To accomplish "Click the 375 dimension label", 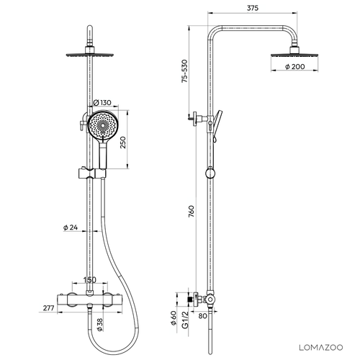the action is click(253, 8).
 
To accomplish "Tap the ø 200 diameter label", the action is click(295, 66).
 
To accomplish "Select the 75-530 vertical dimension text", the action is click(184, 71).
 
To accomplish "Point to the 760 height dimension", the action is click(192, 211).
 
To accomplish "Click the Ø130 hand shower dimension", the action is click(102, 103).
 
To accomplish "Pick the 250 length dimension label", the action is click(123, 143).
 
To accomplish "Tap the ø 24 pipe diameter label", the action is click(71, 228).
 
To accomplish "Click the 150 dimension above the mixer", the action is click(89, 280).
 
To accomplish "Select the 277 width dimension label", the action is click(48, 308).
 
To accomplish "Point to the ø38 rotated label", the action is click(99, 325).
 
